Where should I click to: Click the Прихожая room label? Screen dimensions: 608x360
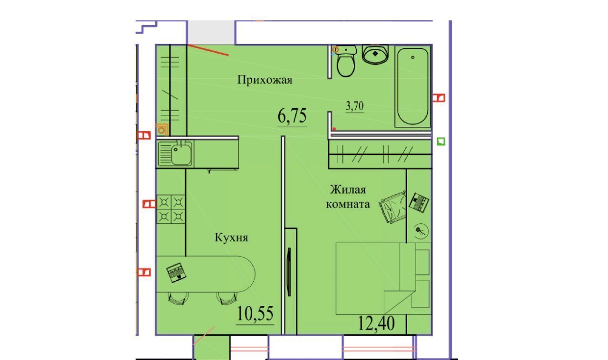(x=265, y=80)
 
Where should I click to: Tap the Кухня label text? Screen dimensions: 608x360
(x=231, y=237)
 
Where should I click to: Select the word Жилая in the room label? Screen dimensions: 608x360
(x=348, y=190)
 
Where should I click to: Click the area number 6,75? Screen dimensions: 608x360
(x=292, y=116)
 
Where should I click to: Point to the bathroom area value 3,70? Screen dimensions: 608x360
(x=355, y=106)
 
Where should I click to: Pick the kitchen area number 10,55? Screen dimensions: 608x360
(x=255, y=313)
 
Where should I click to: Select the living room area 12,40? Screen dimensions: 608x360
(x=377, y=323)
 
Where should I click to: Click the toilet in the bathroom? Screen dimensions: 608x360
(x=345, y=61)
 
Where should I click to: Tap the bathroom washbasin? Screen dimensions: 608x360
(x=375, y=54)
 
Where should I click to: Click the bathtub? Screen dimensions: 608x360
(x=413, y=86)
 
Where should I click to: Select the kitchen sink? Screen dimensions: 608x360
(x=175, y=154)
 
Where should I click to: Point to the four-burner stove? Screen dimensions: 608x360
(x=171, y=209)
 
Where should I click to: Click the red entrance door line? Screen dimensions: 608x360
(x=208, y=50)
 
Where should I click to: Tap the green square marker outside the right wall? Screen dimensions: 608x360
(x=441, y=142)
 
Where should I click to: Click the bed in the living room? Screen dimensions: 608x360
(x=383, y=279)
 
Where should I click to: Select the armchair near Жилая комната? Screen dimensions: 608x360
(x=392, y=207)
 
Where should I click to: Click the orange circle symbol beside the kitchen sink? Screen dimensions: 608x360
(x=162, y=130)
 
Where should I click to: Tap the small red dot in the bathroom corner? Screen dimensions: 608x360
(x=335, y=129)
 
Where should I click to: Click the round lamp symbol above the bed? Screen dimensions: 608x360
(x=421, y=232)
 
